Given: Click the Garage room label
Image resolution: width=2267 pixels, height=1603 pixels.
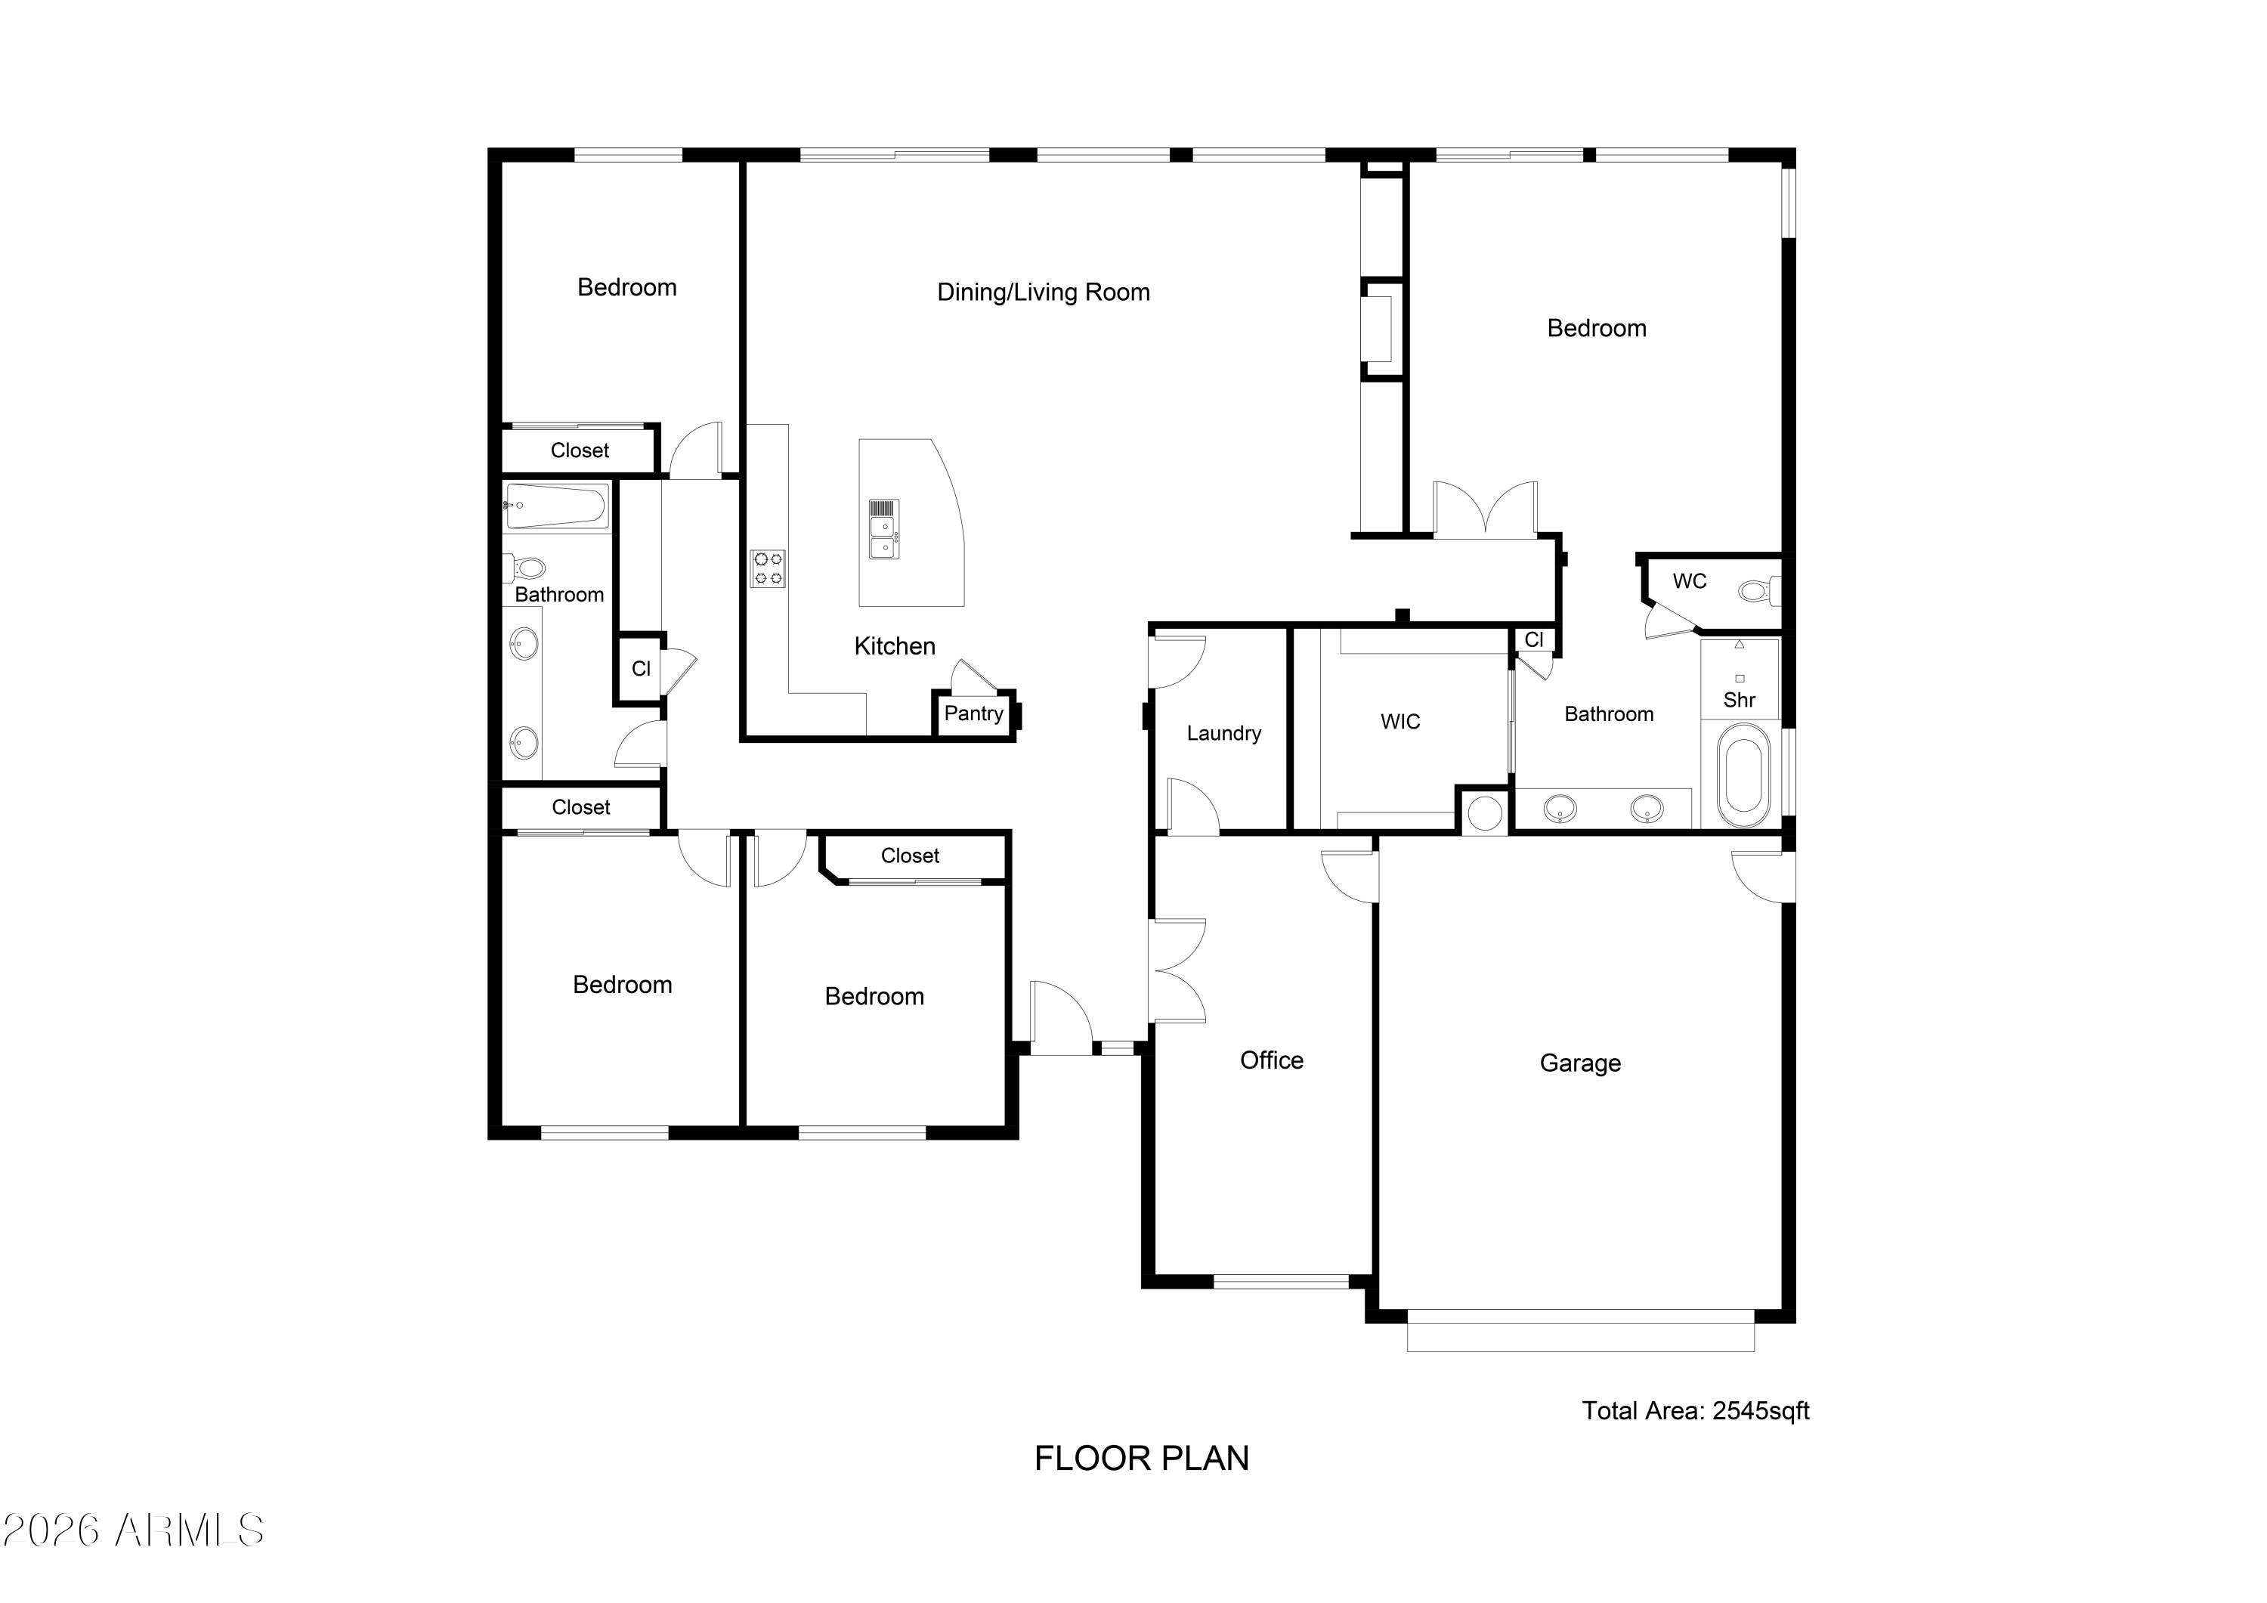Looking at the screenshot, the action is (1580, 1063).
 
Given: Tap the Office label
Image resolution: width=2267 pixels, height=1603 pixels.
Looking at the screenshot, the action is (1272, 1061).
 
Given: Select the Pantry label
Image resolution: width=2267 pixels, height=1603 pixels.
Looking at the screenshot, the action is (973, 714).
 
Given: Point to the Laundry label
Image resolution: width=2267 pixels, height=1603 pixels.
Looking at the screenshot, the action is (1223, 734).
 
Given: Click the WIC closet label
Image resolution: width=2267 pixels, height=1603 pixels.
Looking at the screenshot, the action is (1400, 722).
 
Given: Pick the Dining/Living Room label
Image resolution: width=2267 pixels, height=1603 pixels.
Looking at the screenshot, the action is (1044, 292).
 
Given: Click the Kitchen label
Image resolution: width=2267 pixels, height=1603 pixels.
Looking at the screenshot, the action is (895, 646).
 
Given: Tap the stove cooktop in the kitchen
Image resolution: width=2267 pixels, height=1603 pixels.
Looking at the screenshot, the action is (767, 569).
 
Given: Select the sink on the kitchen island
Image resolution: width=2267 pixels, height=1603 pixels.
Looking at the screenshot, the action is (883, 529).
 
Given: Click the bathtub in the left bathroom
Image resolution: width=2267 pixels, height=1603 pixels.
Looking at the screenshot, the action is (556, 506).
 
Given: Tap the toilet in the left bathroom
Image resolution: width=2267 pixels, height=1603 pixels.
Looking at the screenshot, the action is (524, 568).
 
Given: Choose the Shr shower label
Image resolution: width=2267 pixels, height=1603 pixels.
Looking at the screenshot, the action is (1739, 701).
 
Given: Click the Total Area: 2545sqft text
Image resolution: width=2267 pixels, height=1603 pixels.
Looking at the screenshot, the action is (1695, 1410).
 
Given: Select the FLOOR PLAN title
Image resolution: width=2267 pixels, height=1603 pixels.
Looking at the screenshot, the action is (1141, 1459).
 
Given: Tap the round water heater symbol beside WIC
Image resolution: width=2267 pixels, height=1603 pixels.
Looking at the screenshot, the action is (1484, 813).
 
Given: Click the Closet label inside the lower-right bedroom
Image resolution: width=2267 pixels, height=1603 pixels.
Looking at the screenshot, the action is (909, 856).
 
